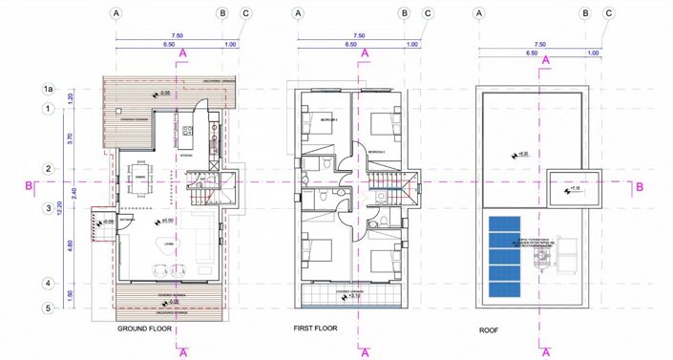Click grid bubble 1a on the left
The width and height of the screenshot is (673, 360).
pyautogui.click(x=47, y=89)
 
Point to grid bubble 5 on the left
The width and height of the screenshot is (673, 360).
pyautogui.click(x=47, y=307)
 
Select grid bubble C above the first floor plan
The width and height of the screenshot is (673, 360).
pyautogui.click(x=427, y=14)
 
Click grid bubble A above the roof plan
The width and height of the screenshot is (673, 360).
pyautogui.click(x=479, y=14)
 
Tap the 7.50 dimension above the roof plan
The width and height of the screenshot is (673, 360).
pyautogui.click(x=539, y=43)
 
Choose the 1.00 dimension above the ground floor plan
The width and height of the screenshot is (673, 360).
pyautogui.click(x=230, y=44)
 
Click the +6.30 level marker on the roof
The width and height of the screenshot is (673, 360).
pyautogui.click(x=520, y=154)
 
